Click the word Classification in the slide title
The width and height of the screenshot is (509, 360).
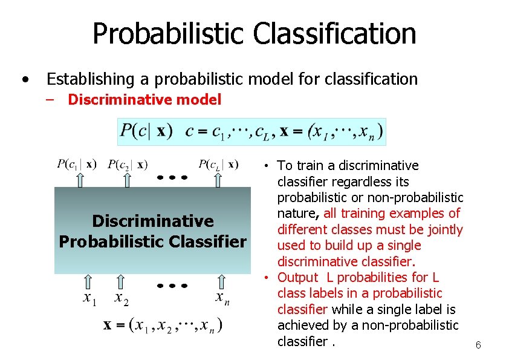tap(334, 34)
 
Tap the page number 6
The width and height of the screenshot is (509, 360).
tap(478, 345)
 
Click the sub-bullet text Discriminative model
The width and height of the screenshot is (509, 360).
tap(144, 100)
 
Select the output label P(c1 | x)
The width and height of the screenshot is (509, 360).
tap(76, 164)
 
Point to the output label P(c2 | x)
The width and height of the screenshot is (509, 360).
tap(128, 164)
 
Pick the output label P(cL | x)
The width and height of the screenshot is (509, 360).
tap(218, 164)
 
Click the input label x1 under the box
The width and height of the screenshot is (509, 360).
tap(89, 298)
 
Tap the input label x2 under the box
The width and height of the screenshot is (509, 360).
tap(122, 298)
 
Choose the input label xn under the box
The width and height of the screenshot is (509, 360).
tap(222, 298)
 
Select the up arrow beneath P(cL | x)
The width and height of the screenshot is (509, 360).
tap(218, 179)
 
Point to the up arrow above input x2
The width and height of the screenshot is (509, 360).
tap(122, 282)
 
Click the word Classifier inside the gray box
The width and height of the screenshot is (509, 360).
tap(213, 242)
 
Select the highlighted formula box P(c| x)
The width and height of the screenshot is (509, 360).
tap(251, 131)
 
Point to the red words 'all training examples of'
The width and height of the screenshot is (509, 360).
tap(392, 214)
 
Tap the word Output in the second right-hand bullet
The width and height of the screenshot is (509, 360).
tap(297, 278)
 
